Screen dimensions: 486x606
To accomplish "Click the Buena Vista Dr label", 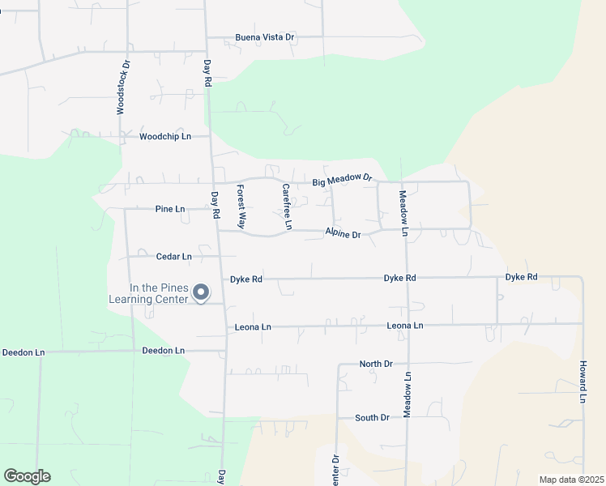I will coord(264,37).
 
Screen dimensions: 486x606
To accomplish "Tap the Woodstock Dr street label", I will coord(122,87).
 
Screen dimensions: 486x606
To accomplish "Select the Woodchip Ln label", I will coord(164,137).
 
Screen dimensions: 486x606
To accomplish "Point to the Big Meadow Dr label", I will coord(343,179).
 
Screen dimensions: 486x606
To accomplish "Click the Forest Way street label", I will coord(241,206).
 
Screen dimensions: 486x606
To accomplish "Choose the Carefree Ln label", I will coord(286,206).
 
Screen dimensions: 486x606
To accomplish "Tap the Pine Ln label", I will coord(170,209).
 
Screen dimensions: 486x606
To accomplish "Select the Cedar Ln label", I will coord(173,257).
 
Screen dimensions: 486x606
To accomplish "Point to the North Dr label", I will coord(375,364).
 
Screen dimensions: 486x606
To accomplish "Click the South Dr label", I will coord(372,418).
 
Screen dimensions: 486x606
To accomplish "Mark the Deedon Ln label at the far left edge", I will coord(19,352).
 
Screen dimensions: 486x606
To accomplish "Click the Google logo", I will coord(28,475).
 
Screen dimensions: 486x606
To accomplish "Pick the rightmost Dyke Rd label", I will coord(521,277).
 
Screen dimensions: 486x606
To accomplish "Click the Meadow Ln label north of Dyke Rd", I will coord(403,213).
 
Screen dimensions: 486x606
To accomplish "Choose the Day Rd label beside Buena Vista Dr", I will coord(207,74).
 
